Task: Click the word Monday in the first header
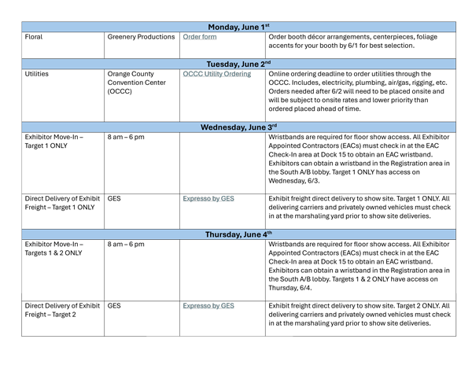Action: tap(224, 28)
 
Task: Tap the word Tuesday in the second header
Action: tap(224, 65)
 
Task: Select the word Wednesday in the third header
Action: tap(223, 127)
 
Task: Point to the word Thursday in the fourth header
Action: tap(223, 235)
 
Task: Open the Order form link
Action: tap(200, 37)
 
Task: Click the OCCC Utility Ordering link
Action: tap(217, 75)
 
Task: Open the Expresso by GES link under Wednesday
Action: tap(208, 199)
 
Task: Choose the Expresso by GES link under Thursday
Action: tap(208, 306)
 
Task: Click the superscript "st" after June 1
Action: tap(267, 25)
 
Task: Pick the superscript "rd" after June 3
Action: tap(274, 125)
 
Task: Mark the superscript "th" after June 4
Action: tap(269, 233)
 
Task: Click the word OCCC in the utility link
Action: tap(193, 75)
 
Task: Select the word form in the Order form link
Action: tap(209, 37)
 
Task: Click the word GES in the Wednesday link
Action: tap(227, 199)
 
